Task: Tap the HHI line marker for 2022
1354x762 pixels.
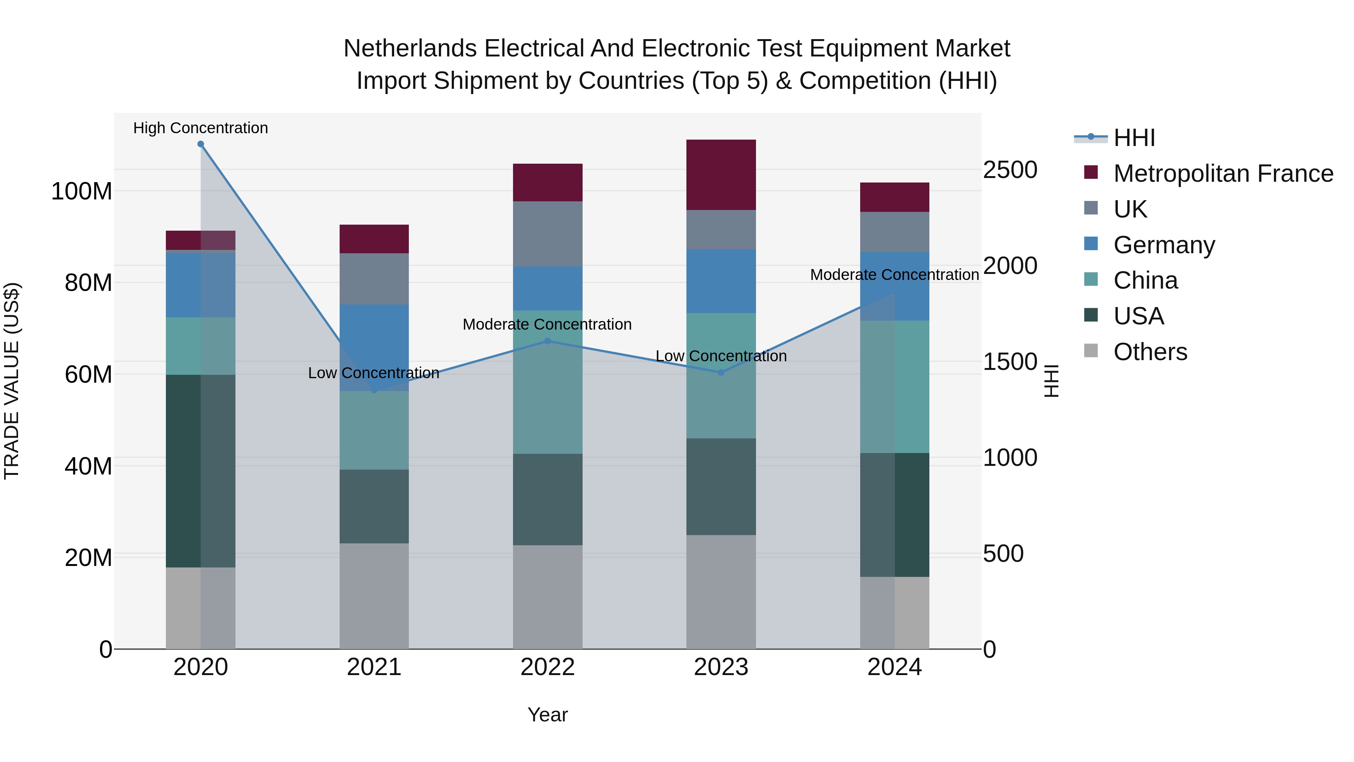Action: (547, 341)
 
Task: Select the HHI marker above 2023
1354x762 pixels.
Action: (721, 372)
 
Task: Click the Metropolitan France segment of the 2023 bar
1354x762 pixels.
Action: (721, 175)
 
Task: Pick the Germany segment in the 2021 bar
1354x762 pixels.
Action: (374, 347)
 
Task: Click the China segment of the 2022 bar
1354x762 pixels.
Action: (547, 382)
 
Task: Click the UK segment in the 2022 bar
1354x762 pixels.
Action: (547, 234)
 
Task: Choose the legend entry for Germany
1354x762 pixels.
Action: (1164, 245)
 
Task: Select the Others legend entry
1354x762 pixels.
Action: (1150, 352)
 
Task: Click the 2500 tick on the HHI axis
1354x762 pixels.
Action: (1010, 170)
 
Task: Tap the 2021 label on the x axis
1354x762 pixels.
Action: (374, 667)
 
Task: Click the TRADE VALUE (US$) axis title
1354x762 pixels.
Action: (12, 381)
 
